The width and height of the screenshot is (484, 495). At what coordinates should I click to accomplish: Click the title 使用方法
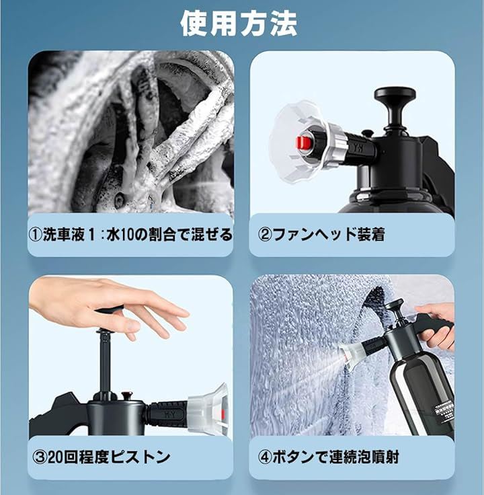tap(239, 24)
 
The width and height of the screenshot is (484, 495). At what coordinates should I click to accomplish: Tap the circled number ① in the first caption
tap(36, 235)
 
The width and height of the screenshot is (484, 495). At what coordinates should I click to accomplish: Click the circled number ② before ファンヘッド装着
tap(264, 235)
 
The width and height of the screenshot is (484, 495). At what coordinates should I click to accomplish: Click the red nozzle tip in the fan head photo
tap(303, 143)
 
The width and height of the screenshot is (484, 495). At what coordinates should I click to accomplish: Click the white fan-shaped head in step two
tap(298, 142)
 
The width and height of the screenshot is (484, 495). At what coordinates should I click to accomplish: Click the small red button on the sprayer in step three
tap(127, 395)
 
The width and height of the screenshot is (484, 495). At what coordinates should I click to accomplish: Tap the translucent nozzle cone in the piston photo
tap(209, 409)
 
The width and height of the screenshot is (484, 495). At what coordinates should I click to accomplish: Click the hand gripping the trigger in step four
tap(437, 325)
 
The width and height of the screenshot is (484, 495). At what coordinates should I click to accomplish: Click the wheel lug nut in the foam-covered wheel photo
tap(119, 199)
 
